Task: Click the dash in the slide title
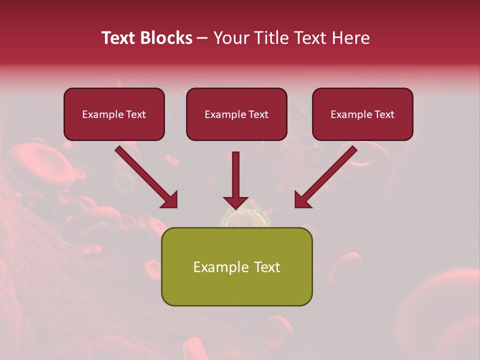pos(202,38)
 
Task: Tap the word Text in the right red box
pos(384,114)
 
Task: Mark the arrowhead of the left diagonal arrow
pos(169,199)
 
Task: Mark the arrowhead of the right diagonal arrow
pos(302,199)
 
